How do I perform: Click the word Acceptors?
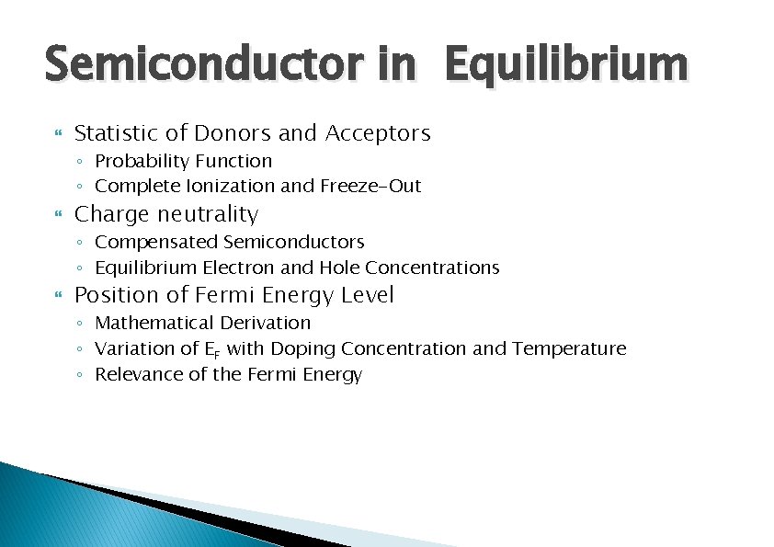378,133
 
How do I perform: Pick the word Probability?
140,161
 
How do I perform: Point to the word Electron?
239,268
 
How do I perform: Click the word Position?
116,295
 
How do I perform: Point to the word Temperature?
569,348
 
